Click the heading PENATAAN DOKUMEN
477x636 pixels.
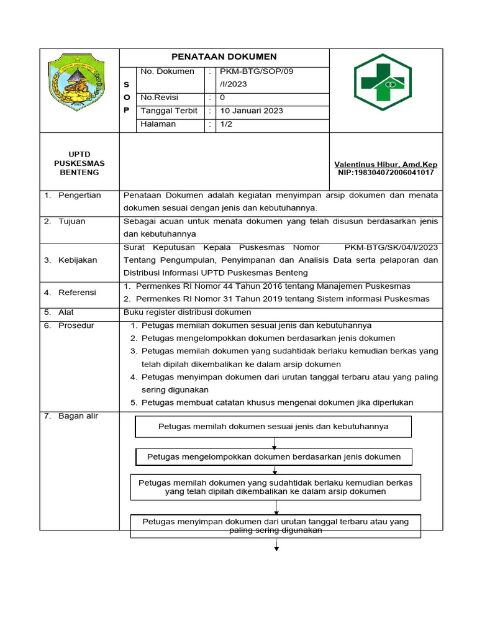coord(224,57)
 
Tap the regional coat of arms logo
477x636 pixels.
coord(79,83)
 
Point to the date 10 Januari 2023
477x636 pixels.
coord(252,111)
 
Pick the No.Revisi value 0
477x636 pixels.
coord(223,98)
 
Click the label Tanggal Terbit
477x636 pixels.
coord(169,111)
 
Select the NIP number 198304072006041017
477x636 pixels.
coord(386,173)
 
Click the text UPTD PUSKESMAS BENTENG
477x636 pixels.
coord(79,163)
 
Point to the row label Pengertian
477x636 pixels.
coord(79,195)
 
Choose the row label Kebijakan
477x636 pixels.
coord(78,260)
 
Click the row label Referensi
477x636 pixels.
coord(77,292)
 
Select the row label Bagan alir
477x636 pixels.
coord(78,416)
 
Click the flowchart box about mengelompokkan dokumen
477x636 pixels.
coord(274,457)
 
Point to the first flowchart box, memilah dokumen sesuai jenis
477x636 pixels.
coord(273,427)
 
